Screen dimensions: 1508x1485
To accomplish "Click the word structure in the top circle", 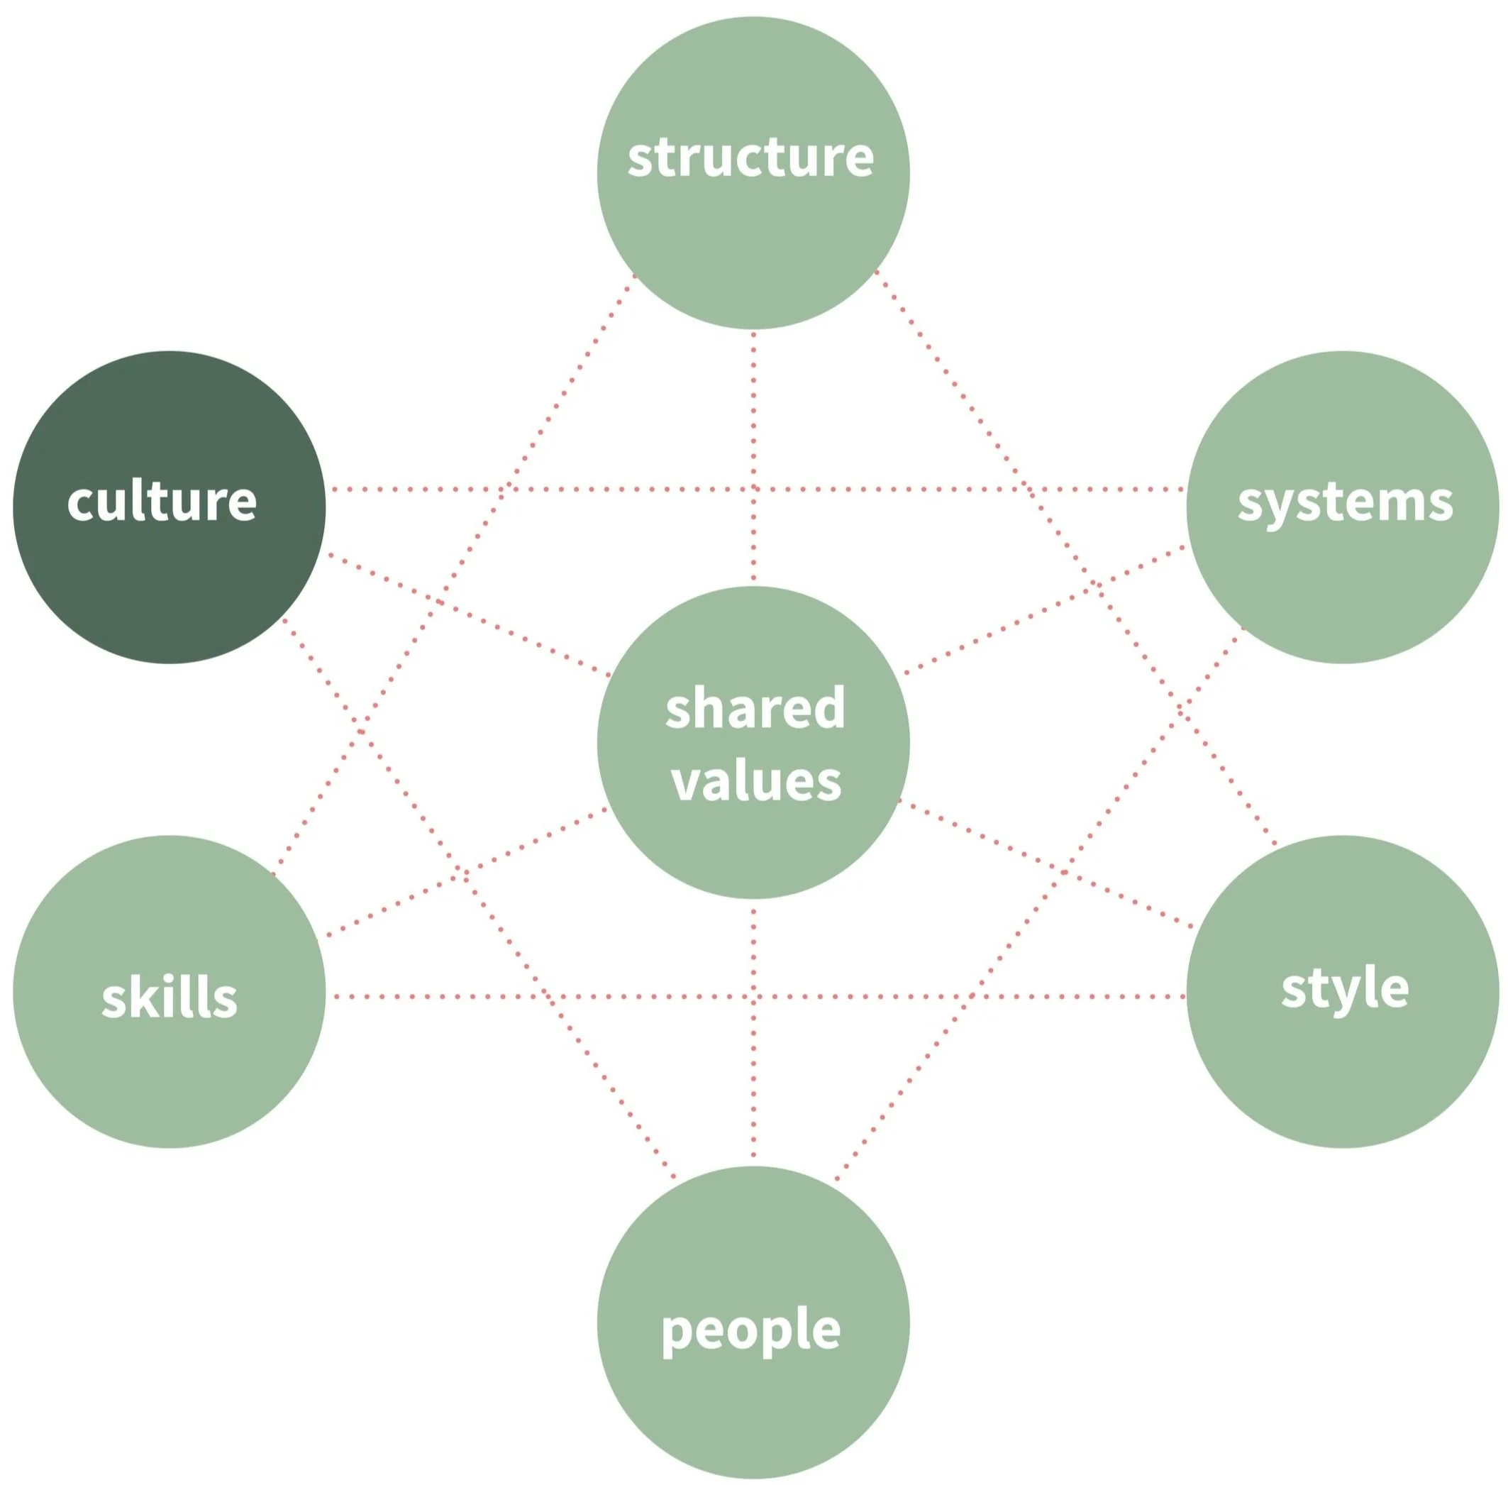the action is point(750,158).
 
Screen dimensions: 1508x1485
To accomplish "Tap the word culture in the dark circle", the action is point(162,502).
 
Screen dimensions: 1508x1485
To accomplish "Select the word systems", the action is point(1344,503).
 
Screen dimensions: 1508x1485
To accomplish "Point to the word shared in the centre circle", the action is point(755,707).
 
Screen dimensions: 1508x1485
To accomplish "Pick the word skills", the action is point(170,998).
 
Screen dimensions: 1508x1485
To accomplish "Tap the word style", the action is point(1344,989).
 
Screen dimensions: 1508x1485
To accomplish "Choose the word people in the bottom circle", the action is point(750,1329).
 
